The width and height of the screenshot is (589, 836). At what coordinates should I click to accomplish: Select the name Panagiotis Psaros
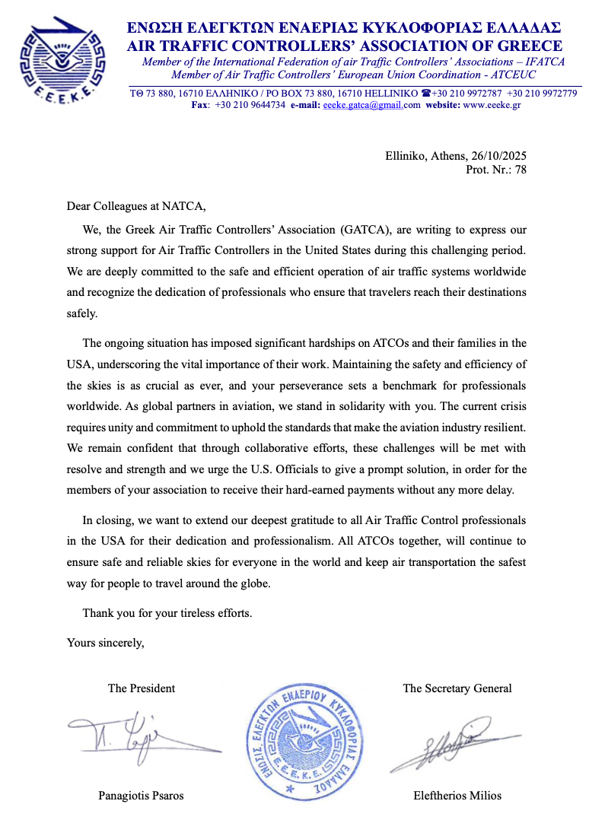tap(141, 796)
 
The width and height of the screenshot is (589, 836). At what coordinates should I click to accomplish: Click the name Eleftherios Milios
tap(457, 796)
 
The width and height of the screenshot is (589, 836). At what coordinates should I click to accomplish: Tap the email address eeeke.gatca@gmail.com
tap(371, 106)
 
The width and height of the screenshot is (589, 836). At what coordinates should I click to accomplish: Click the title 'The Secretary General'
tap(457, 688)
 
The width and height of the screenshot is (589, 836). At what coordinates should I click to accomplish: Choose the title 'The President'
tap(142, 688)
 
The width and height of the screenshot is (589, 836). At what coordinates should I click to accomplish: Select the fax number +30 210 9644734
tap(250, 106)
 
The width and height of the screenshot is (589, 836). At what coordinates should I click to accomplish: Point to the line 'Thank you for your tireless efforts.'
tap(167, 612)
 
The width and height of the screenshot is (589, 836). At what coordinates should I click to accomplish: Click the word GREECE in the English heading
tap(526, 46)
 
